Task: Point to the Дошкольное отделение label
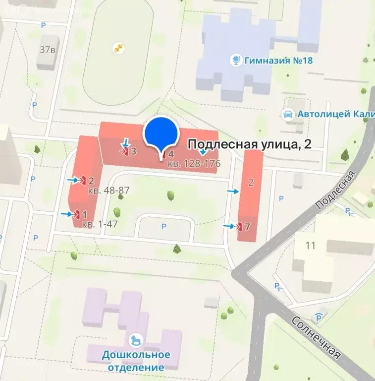[136, 361]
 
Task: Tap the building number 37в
[47, 49]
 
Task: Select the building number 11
[311, 245]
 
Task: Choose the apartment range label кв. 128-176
[194, 163]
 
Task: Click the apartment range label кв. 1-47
[100, 224]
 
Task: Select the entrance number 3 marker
[129, 151]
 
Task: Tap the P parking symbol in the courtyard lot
[164, 227]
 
